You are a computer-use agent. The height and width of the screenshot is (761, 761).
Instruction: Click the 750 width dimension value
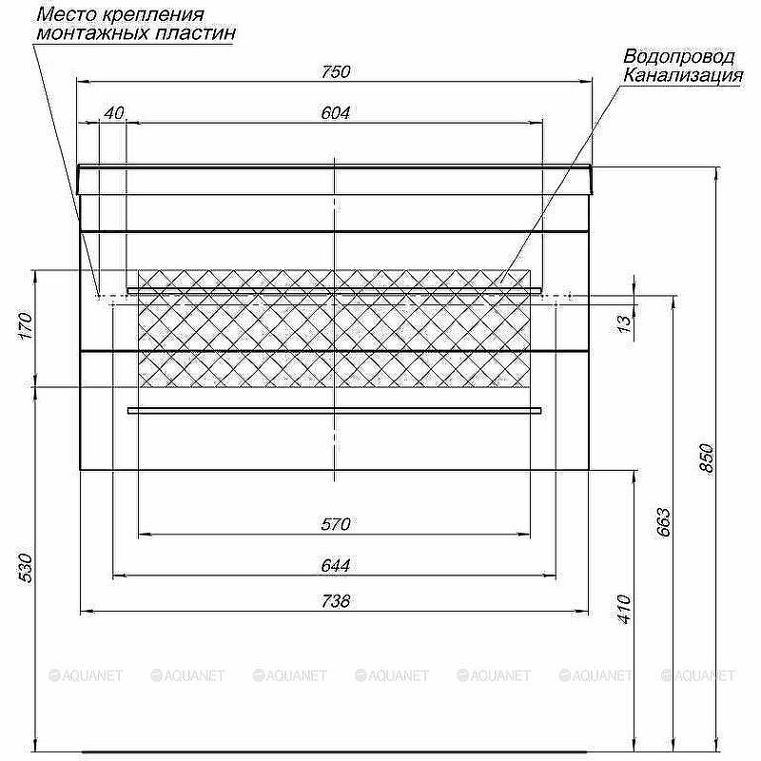pos(337,71)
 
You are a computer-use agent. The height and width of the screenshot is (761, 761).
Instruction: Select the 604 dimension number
pos(336,112)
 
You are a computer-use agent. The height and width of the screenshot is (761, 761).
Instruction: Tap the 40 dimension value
pos(114,112)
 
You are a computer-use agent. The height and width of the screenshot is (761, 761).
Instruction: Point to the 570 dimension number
pos(336,524)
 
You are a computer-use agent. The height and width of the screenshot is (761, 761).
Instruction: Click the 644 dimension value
pos(336,565)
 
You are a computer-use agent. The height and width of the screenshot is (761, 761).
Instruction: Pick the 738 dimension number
pos(336,600)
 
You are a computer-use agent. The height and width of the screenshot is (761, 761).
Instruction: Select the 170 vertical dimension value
pos(26,326)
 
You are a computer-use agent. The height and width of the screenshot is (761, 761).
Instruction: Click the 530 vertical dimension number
pos(26,567)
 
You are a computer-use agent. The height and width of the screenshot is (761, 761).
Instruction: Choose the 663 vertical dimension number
pos(664,523)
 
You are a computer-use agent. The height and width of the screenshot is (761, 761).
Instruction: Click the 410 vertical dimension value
pos(624,609)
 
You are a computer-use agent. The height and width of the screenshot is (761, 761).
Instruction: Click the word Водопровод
pos(678,57)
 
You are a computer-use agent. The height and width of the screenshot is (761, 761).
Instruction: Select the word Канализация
pos(682,76)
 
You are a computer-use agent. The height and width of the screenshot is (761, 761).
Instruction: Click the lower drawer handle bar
pos(334,410)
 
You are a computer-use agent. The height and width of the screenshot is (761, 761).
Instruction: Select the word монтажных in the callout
pos(91,32)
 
